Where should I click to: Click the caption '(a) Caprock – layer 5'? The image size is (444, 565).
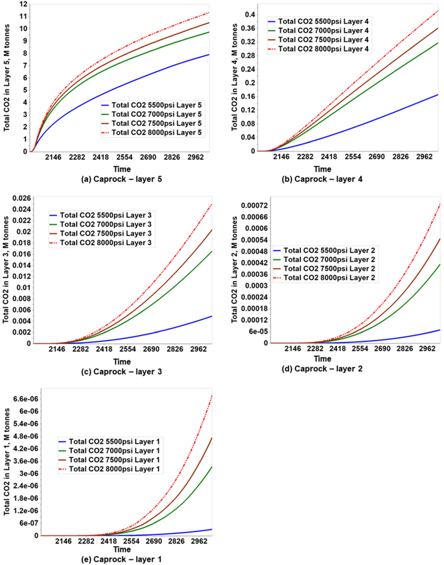[x=121, y=179]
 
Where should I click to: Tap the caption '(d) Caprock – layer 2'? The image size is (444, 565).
[x=322, y=369]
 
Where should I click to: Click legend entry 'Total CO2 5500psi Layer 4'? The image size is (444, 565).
[x=323, y=21]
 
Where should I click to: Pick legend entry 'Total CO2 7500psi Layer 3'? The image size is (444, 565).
[x=105, y=234]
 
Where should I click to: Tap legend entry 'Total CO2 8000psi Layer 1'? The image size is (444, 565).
[x=114, y=469]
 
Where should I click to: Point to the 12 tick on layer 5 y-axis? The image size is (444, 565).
[x=24, y=4]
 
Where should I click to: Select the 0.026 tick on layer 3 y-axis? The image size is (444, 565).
[x=22, y=199]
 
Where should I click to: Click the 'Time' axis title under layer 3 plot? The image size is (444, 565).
[x=122, y=362]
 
